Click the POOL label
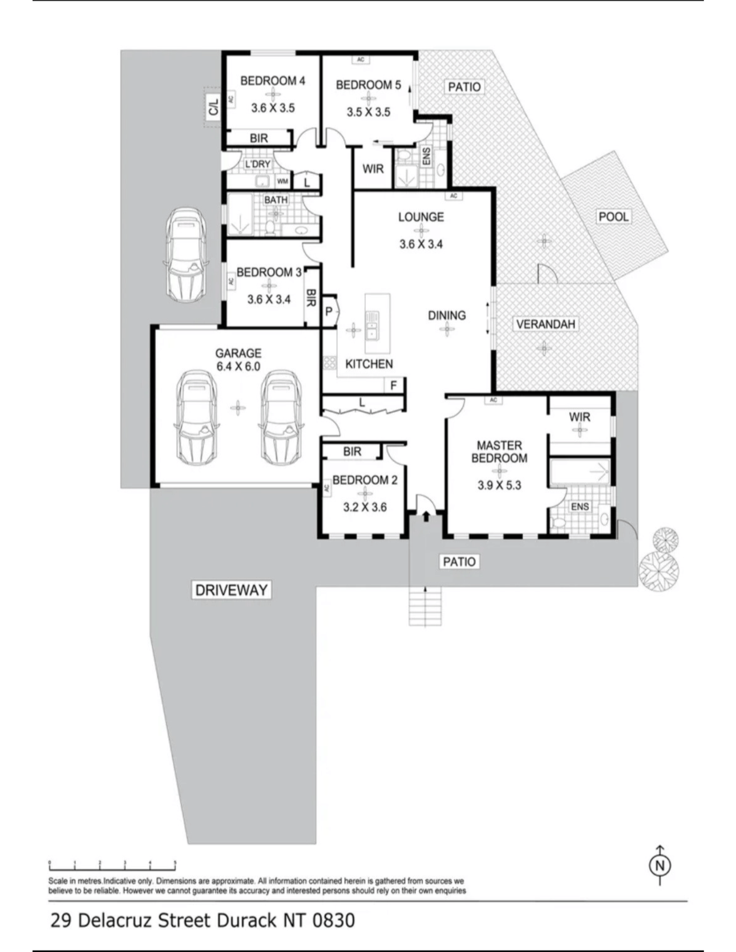613,217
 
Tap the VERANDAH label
545,324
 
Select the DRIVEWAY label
231,590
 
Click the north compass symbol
660,866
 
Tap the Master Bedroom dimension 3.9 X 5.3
499,485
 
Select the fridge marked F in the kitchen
394,385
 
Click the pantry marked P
329,311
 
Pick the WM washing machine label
283,181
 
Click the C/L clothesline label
213,107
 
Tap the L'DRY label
258,164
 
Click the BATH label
276,200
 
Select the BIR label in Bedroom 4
259,138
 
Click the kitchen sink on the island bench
372,325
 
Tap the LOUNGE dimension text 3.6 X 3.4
421,244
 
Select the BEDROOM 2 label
365,480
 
